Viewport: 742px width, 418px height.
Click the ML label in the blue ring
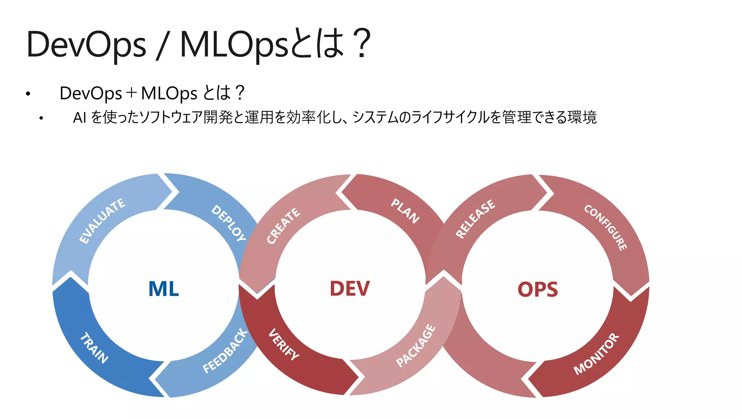click(163, 289)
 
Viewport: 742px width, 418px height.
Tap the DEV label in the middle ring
click(350, 289)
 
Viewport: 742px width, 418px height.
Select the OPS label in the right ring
click(538, 290)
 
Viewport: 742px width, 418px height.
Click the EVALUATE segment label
click(103, 221)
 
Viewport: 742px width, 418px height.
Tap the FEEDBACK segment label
click(225, 351)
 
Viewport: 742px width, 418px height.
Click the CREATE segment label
click(283, 226)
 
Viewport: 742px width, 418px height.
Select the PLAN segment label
click(405, 211)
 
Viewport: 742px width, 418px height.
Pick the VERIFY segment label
click(284, 344)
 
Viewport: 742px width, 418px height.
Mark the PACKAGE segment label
click(416, 346)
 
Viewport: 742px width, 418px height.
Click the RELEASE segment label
click(475, 219)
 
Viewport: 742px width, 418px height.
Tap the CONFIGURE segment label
click(605, 228)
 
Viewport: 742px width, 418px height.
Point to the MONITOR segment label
click(596, 354)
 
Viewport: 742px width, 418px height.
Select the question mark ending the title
click(362, 44)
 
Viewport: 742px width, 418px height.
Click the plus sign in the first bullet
click(131, 93)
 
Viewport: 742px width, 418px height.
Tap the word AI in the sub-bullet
click(79, 118)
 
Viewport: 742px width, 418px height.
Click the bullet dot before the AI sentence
click(41, 118)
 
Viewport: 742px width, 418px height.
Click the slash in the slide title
click(163, 45)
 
